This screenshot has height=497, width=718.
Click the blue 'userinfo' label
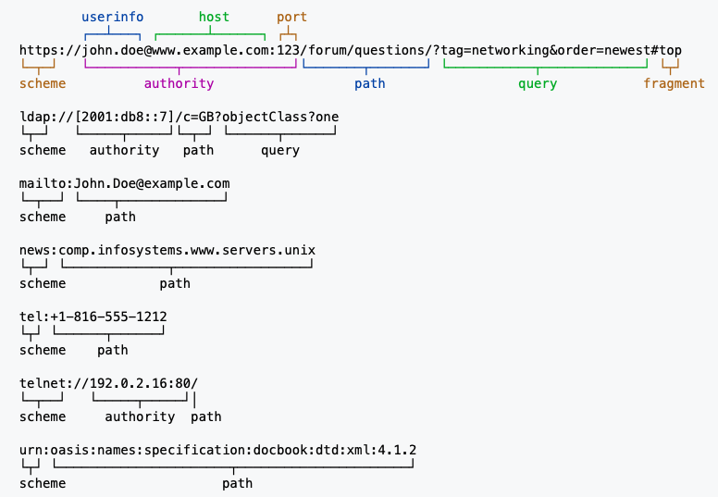[113, 17]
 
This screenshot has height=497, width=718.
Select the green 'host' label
[214, 17]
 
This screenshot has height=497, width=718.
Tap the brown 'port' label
[291, 17]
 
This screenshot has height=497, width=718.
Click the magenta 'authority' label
[179, 83]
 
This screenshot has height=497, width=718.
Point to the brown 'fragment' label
[674, 83]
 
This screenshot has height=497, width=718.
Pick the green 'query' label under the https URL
[538, 83]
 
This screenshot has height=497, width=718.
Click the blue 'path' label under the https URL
[370, 83]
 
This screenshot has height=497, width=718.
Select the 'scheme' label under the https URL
[43, 83]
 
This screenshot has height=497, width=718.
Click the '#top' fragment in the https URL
[666, 50]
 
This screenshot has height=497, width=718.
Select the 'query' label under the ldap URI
[280, 150]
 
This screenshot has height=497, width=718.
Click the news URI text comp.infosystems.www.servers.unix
[187, 250]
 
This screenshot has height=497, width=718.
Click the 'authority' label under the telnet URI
[140, 416]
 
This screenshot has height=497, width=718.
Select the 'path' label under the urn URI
[237, 483]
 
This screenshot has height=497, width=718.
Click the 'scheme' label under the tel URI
[43, 350]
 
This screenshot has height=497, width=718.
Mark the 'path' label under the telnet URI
[206, 416]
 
